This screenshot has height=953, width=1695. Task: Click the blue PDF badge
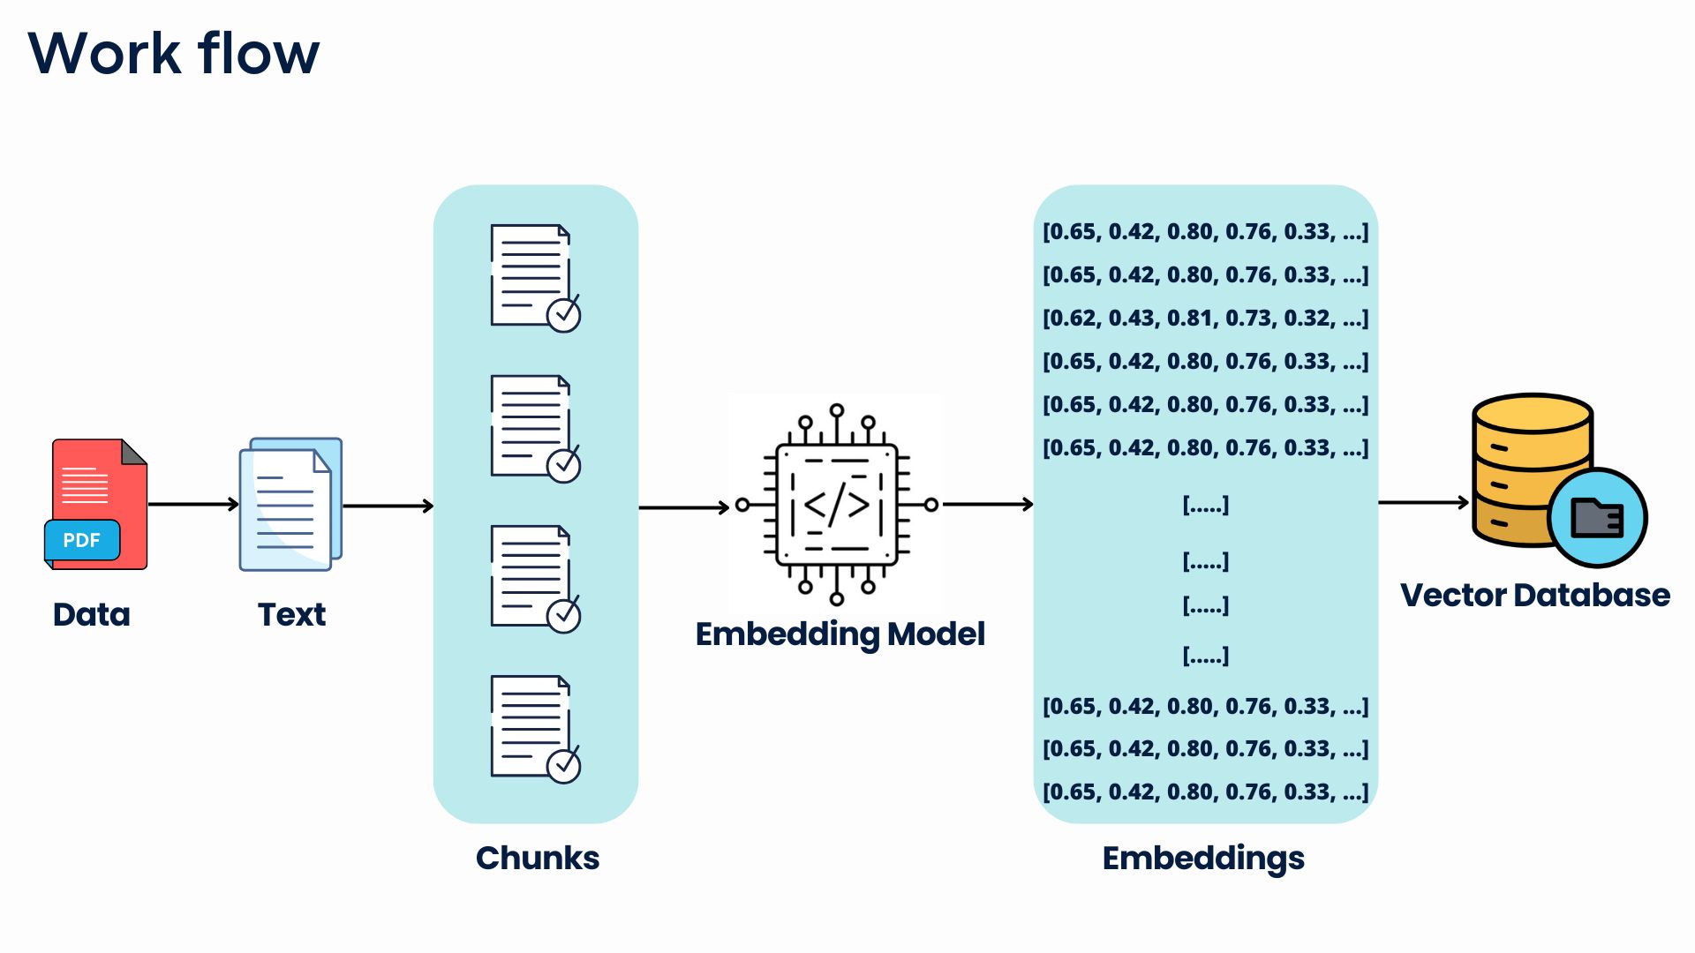pos(82,540)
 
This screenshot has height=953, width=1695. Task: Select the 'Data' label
pos(91,614)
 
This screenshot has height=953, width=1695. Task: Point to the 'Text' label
pos(291,614)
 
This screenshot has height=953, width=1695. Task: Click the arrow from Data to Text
pos(193,505)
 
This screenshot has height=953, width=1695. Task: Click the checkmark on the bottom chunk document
pos(563,765)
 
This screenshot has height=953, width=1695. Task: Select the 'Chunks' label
pos(537,858)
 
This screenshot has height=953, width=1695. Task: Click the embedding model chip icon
pos(836,505)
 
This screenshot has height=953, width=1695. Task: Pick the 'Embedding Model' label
pos(840,634)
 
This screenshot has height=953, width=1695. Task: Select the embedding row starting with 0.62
pos(1205,318)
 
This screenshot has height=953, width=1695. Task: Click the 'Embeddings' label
pos(1203,858)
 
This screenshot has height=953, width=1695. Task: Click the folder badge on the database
pos(1597,518)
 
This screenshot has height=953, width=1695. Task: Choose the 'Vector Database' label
pos(1534,595)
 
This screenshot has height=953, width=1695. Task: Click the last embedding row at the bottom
pos(1205,792)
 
